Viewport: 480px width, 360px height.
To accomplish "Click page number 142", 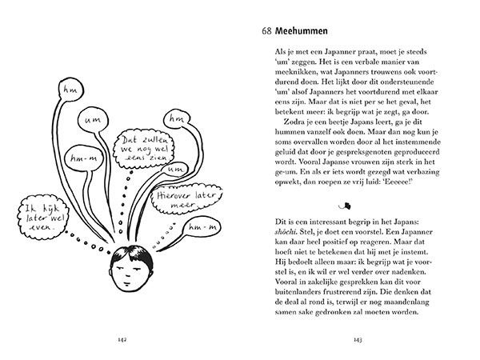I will pyautogui.click(x=121, y=339).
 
